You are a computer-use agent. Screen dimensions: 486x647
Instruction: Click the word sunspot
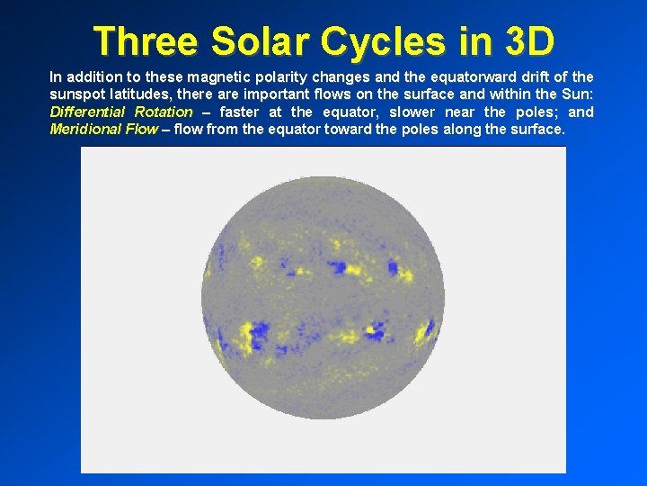78,94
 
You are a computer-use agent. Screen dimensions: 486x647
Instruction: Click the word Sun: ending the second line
576,94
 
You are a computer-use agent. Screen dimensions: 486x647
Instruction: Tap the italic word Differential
88,112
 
